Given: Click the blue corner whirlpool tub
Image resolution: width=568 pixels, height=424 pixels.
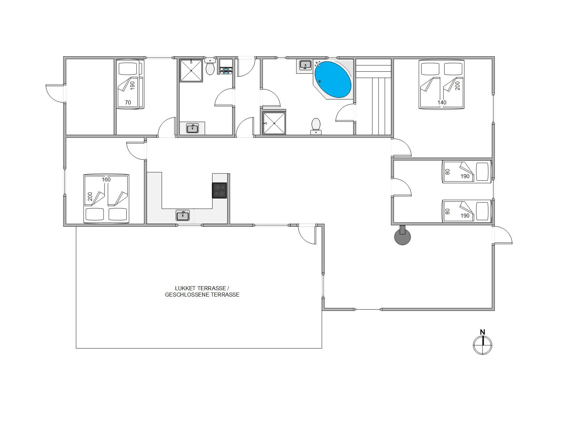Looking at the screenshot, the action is pyautogui.click(x=333, y=79).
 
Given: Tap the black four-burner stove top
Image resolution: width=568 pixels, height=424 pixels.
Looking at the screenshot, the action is pyautogui.click(x=220, y=190).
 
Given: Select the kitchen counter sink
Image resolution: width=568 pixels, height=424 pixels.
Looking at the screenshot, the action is pyautogui.click(x=183, y=216).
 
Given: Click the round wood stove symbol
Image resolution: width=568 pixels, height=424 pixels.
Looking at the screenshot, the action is pyautogui.click(x=403, y=237).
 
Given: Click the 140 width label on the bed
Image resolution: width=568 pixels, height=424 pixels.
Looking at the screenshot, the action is pyautogui.click(x=442, y=102).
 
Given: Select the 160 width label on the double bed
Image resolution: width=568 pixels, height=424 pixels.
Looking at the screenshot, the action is pyautogui.click(x=106, y=179).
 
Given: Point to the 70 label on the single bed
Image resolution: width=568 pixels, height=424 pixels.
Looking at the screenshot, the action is pyautogui.click(x=128, y=102).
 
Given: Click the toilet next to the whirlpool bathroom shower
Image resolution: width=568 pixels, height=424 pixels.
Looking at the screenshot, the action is pyautogui.click(x=316, y=126).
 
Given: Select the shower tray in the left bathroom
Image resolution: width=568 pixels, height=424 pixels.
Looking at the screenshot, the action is pyautogui.click(x=191, y=70).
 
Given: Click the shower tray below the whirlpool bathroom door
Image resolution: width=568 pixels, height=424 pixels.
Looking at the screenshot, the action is pyautogui.click(x=274, y=123).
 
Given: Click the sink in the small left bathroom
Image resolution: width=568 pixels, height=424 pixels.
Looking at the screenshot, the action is pyautogui.click(x=192, y=128).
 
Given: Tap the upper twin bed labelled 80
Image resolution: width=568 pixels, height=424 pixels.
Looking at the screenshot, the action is pyautogui.click(x=467, y=172).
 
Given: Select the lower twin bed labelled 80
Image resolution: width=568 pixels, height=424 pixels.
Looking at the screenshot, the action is pyautogui.click(x=467, y=211).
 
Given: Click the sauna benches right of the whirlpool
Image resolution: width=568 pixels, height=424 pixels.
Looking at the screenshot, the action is pyautogui.click(x=373, y=97).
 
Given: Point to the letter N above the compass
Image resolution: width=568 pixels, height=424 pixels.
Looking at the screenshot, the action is pyautogui.click(x=482, y=332).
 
